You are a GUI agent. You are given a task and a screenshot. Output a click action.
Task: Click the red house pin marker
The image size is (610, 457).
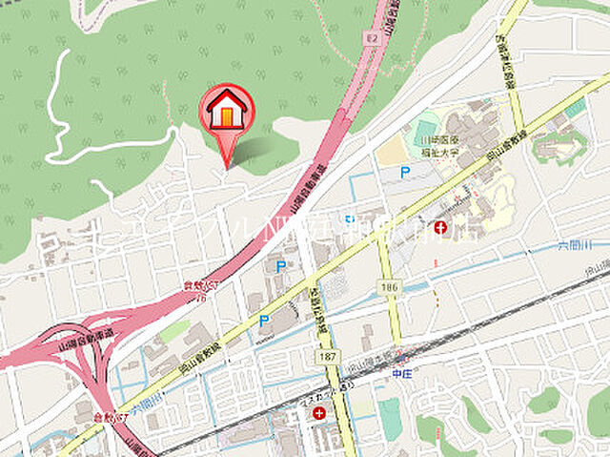click(x=226, y=110)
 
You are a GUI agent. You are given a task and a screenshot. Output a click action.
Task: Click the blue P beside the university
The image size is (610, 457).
click(x=405, y=172)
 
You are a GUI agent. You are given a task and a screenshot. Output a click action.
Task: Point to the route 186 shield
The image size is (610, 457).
click(x=390, y=286)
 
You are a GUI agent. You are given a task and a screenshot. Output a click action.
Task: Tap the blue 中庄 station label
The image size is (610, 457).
click(x=401, y=374)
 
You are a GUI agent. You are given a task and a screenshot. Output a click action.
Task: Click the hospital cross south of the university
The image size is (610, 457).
click(x=440, y=227)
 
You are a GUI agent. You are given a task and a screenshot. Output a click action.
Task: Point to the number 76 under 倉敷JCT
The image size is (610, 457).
click(x=201, y=297)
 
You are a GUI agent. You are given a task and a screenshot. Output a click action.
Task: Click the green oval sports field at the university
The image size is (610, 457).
click(x=427, y=130)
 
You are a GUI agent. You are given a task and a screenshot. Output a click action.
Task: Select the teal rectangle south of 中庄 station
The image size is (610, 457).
click(x=390, y=419)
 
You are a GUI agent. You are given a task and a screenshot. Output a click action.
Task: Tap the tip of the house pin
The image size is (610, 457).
click(x=226, y=166)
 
